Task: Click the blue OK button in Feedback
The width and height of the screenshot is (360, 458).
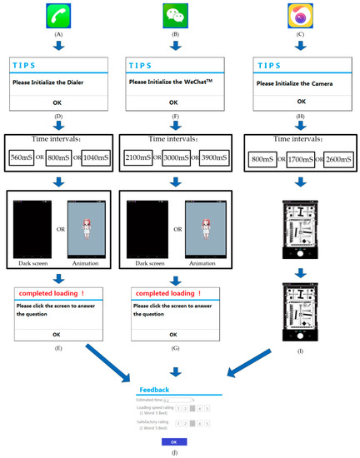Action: [x=173, y=441]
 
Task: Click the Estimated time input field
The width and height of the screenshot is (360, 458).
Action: [x=177, y=401]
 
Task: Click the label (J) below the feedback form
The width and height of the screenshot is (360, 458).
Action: [x=172, y=452]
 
